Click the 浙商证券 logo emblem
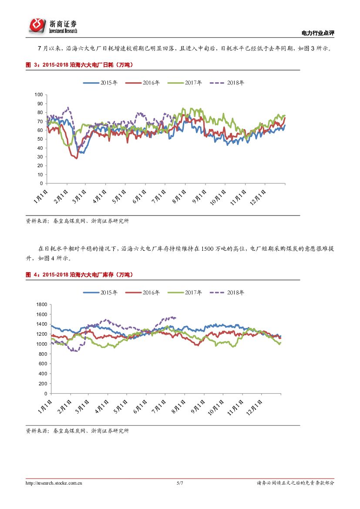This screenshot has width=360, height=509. point(37,26)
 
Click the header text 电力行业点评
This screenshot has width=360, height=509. point(318,34)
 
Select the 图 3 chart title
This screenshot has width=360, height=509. point(79,65)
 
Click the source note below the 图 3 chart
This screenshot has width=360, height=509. point(77,221)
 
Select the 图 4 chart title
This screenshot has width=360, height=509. point(79,275)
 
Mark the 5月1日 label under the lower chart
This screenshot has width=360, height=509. point(121,403)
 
